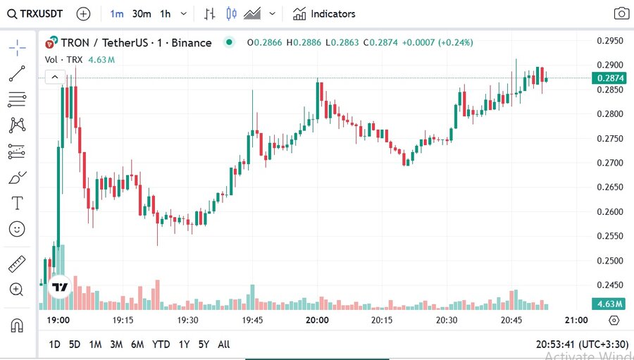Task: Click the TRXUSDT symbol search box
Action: [35, 13]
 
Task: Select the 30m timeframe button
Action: [142, 13]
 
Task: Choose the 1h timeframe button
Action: [166, 13]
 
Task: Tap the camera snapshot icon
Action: [621, 13]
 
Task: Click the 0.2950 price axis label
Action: [609, 40]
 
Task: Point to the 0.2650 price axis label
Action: [609, 187]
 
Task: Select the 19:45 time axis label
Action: [252, 320]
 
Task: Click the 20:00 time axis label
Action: [318, 320]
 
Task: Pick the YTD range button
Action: [161, 345]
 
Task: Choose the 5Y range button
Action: [204, 345]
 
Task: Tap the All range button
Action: [224, 345]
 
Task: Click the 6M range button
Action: [137, 345]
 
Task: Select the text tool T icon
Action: [17, 204]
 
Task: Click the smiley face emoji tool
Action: [17, 229]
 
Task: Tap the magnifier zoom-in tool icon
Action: [17, 289]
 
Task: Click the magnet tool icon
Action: [17, 325]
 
